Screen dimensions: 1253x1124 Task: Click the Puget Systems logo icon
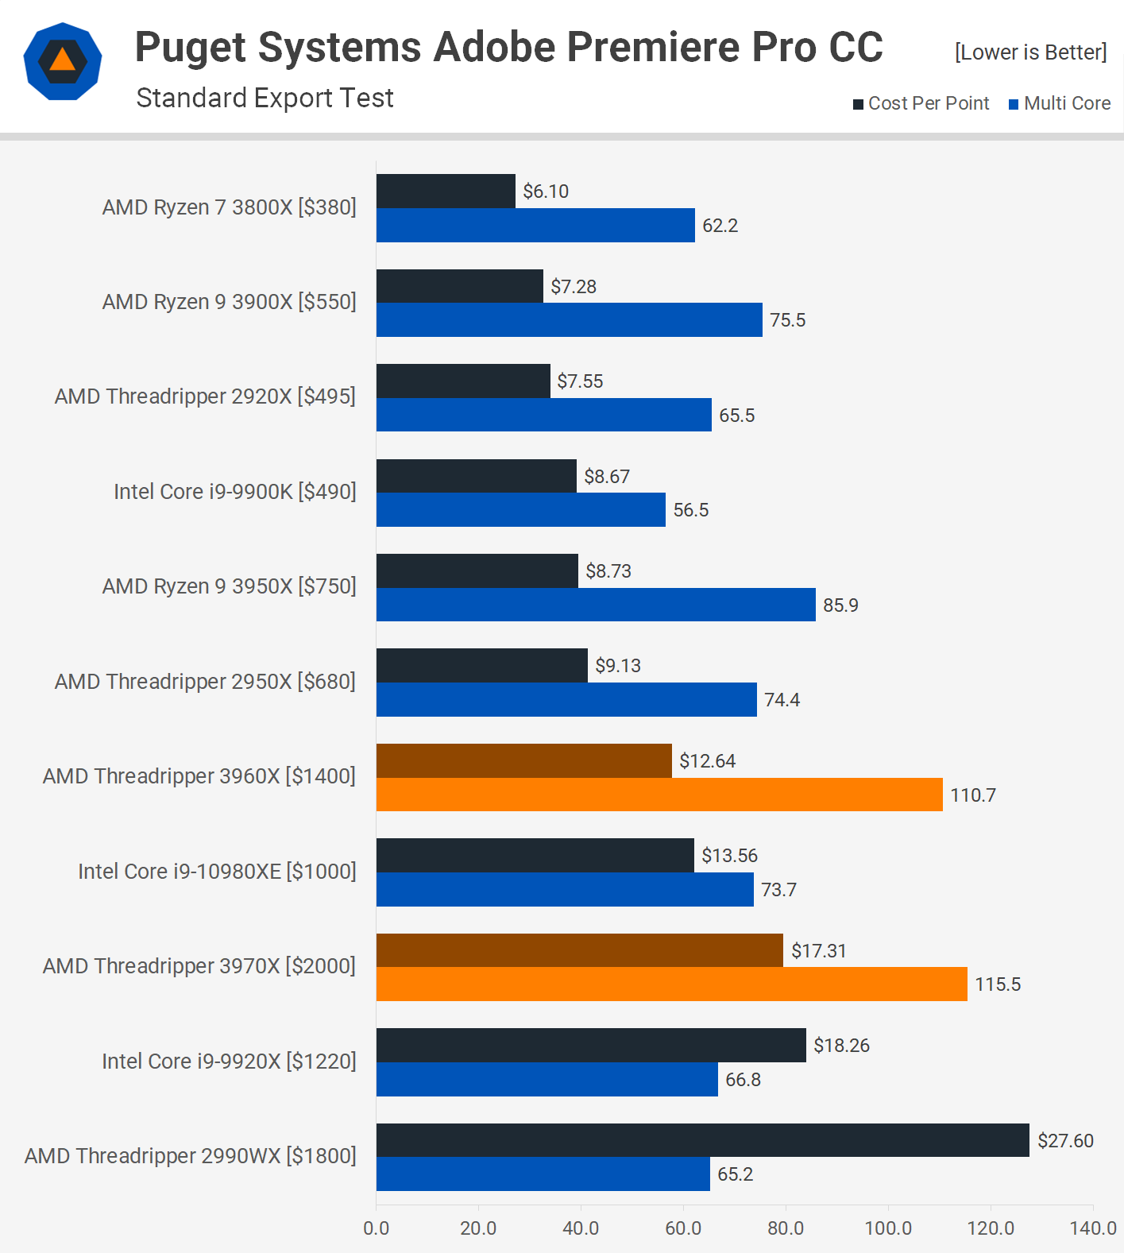coord(63,61)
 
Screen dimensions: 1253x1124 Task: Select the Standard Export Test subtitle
coord(265,98)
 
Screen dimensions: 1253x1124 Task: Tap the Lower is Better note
coord(1030,52)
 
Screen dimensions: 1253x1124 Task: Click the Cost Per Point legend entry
coord(921,103)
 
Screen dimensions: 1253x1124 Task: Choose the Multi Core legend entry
coord(1060,103)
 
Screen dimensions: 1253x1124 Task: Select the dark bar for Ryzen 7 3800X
coord(446,191)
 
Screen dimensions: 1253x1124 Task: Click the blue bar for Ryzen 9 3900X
coord(569,320)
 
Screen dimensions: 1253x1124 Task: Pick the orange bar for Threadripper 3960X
coord(659,795)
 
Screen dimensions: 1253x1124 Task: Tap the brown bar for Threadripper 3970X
coord(580,950)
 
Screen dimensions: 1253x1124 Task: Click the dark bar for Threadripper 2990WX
coord(702,1140)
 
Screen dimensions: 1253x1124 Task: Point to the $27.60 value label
coord(1065,1141)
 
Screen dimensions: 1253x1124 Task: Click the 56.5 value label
coord(691,510)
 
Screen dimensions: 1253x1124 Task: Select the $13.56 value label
coord(729,856)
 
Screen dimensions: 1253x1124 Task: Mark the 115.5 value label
coord(998,984)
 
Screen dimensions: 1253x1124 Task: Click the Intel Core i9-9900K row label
coord(234,492)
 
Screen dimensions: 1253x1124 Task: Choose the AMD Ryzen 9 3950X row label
coord(229,586)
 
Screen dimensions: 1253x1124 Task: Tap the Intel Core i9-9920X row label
coord(229,1062)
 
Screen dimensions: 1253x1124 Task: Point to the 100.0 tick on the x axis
coord(888,1228)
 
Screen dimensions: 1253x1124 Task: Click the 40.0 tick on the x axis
coord(581,1228)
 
